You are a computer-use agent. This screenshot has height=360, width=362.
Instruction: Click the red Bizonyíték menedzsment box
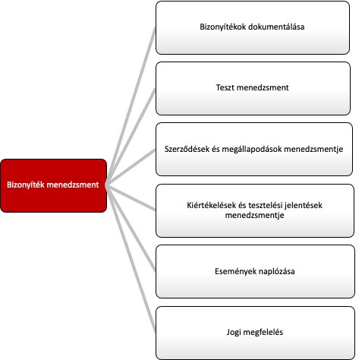coord(54,185)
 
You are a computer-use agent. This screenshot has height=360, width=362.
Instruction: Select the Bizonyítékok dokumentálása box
coord(253,27)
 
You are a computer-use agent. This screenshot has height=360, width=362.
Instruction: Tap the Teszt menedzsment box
coord(253,88)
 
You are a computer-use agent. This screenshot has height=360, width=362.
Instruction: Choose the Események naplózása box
coord(255,271)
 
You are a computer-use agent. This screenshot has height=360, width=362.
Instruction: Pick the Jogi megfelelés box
coord(255,333)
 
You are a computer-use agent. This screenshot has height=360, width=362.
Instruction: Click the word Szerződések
coord(187,149)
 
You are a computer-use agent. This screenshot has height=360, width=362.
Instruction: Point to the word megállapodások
coord(252,149)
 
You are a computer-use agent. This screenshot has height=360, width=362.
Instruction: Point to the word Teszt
coord(225,87)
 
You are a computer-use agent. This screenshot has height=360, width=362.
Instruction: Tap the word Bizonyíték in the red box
coord(25,185)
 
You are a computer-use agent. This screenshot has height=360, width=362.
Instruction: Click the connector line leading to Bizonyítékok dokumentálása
coord(131,106)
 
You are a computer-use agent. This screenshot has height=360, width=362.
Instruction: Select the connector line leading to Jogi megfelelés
coord(131,258)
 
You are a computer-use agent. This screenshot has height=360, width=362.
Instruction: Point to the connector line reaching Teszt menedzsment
coord(131,137)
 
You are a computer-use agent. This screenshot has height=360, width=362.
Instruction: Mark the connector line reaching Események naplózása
coord(131,228)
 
